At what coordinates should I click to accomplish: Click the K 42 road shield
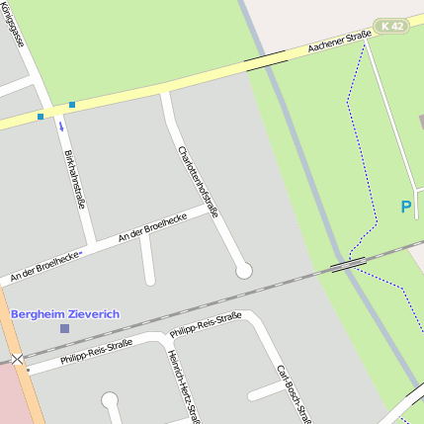[x=390, y=26]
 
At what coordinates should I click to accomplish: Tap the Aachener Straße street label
[x=339, y=42]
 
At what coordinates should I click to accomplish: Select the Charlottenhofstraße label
[x=197, y=182]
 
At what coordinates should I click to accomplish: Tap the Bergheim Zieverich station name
[x=65, y=313]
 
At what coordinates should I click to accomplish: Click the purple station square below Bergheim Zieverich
[x=65, y=328]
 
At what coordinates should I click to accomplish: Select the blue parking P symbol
[x=405, y=208]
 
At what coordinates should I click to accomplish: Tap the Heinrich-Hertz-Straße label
[x=183, y=386]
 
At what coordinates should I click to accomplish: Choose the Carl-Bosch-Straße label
[x=295, y=390]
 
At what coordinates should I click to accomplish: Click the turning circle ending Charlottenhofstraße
[x=243, y=270]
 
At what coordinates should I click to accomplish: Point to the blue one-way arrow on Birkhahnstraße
[x=62, y=126]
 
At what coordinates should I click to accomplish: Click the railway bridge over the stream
[x=347, y=264]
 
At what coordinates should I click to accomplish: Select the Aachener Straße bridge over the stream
[x=266, y=61]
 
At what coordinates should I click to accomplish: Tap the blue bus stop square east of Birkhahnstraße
[x=72, y=105]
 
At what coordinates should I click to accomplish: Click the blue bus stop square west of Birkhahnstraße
[x=41, y=117]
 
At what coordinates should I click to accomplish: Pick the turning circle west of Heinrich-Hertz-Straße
[x=110, y=400]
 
